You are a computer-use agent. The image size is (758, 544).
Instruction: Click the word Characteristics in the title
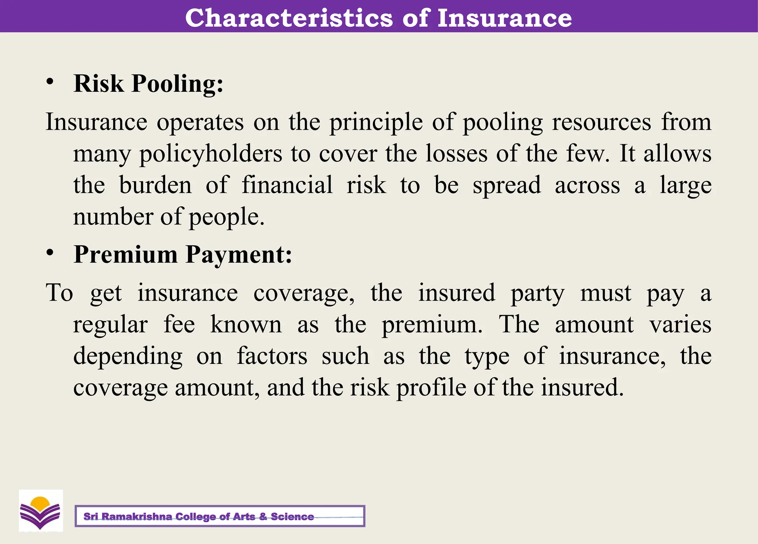pos(289,18)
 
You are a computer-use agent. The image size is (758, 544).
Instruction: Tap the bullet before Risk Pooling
pos(50,82)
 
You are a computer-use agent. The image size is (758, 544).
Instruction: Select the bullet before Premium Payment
pos(50,253)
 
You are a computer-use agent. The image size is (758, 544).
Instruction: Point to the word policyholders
pos(211,154)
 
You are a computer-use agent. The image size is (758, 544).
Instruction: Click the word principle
pos(376,123)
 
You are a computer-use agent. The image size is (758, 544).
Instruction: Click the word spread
pos(507,186)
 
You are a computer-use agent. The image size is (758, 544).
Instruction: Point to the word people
pos(227,217)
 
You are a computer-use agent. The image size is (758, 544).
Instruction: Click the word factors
pos(272,356)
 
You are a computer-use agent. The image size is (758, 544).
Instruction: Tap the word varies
pos(680,325)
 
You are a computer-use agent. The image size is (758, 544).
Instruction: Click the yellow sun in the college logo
pos(40,503)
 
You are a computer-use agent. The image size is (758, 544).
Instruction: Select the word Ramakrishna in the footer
pos(137,517)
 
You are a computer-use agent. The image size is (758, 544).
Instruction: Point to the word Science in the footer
pos(292,517)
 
